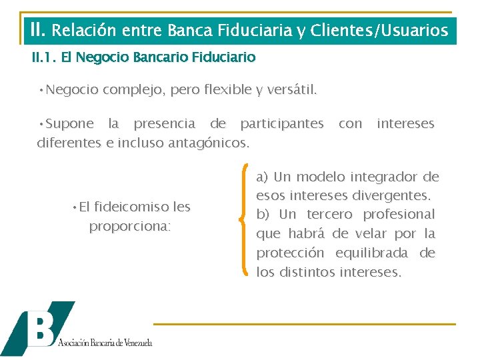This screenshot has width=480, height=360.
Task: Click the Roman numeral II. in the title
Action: [38, 30]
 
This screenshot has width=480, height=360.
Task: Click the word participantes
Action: [282, 123]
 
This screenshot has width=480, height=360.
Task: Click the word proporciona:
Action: [130, 226]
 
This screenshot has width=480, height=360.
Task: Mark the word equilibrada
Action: [370, 253]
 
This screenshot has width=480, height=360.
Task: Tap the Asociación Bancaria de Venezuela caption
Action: [105, 343]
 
